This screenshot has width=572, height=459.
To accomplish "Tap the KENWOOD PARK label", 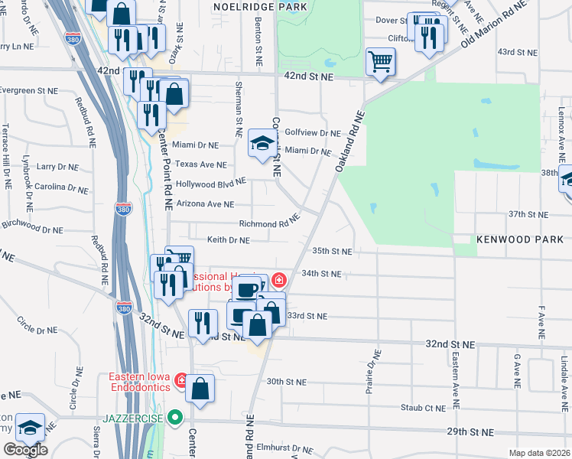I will point(520,239).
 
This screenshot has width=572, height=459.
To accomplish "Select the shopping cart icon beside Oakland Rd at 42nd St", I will point(380,61).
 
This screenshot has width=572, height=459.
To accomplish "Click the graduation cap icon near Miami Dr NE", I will point(262,143).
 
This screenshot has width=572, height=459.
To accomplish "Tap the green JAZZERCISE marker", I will point(175,418).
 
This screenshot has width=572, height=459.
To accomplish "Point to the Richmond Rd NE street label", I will point(268,224).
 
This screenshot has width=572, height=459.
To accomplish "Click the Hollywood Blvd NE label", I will point(210,184).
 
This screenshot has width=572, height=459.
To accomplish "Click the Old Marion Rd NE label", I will point(495,24).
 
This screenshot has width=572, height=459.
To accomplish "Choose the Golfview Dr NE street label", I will point(312,132).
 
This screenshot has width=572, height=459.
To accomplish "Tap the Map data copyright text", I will point(539,453).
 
